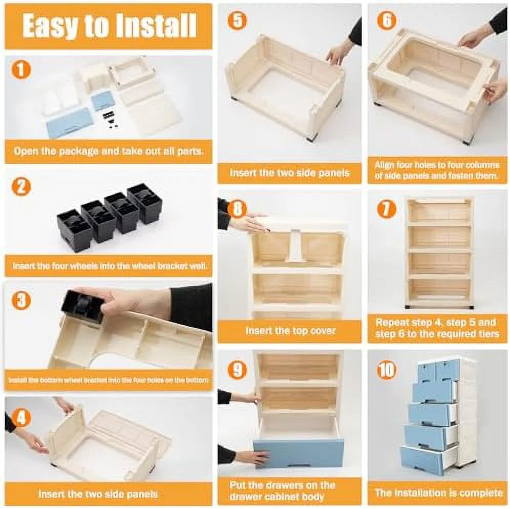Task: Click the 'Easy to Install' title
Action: pyautogui.click(x=109, y=26)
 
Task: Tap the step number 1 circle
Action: pyautogui.click(x=21, y=70)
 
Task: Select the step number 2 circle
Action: pyautogui.click(x=21, y=187)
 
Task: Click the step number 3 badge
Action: pyautogui.click(x=21, y=300)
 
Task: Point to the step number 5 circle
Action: pyautogui.click(x=237, y=20)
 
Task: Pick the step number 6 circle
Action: pyautogui.click(x=387, y=20)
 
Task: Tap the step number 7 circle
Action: pyautogui.click(x=387, y=209)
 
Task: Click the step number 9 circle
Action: pyautogui.click(x=237, y=369)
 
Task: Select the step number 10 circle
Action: pyautogui.click(x=387, y=369)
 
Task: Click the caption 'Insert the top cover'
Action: pyautogui.click(x=290, y=331)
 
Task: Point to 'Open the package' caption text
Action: pyautogui.click(x=54, y=151)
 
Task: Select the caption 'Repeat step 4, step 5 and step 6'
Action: pyautogui.click(x=437, y=328)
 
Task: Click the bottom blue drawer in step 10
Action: pyautogui.click(x=424, y=459)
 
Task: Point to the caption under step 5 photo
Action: pyautogui.click(x=289, y=173)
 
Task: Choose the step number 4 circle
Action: pyautogui.click(x=21, y=418)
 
